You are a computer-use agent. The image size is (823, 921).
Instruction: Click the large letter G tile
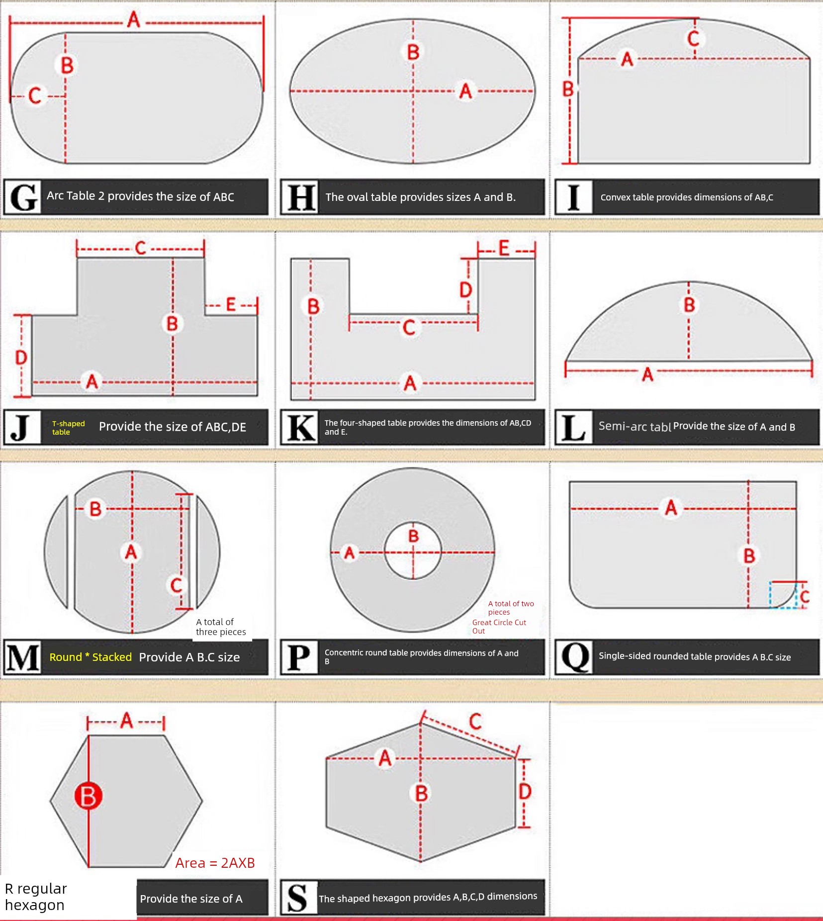(23, 197)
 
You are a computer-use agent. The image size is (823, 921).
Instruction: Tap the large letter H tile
(300, 197)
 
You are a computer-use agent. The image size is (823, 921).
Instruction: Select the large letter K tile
(300, 427)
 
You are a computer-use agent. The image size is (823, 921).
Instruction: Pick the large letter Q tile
(574, 657)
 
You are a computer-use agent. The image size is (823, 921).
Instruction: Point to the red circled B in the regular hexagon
(89, 796)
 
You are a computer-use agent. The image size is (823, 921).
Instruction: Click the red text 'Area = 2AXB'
(215, 863)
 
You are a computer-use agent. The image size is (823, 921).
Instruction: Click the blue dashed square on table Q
(783, 594)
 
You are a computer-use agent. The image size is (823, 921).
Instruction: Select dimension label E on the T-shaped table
(231, 304)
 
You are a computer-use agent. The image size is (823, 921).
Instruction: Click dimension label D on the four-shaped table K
(465, 289)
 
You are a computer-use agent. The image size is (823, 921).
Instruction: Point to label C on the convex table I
(693, 38)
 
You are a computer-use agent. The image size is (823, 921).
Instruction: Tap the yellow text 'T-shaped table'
(69, 428)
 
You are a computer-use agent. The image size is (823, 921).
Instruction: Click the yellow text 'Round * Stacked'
(91, 657)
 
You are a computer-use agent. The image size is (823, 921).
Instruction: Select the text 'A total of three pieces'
(221, 627)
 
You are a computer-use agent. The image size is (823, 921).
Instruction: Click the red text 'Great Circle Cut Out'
(499, 627)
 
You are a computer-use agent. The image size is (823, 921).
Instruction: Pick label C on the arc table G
(35, 95)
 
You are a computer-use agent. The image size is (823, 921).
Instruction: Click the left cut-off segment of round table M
(56, 552)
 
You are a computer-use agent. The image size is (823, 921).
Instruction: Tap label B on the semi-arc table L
(689, 305)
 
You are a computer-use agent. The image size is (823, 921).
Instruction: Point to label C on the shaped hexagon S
(475, 721)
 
